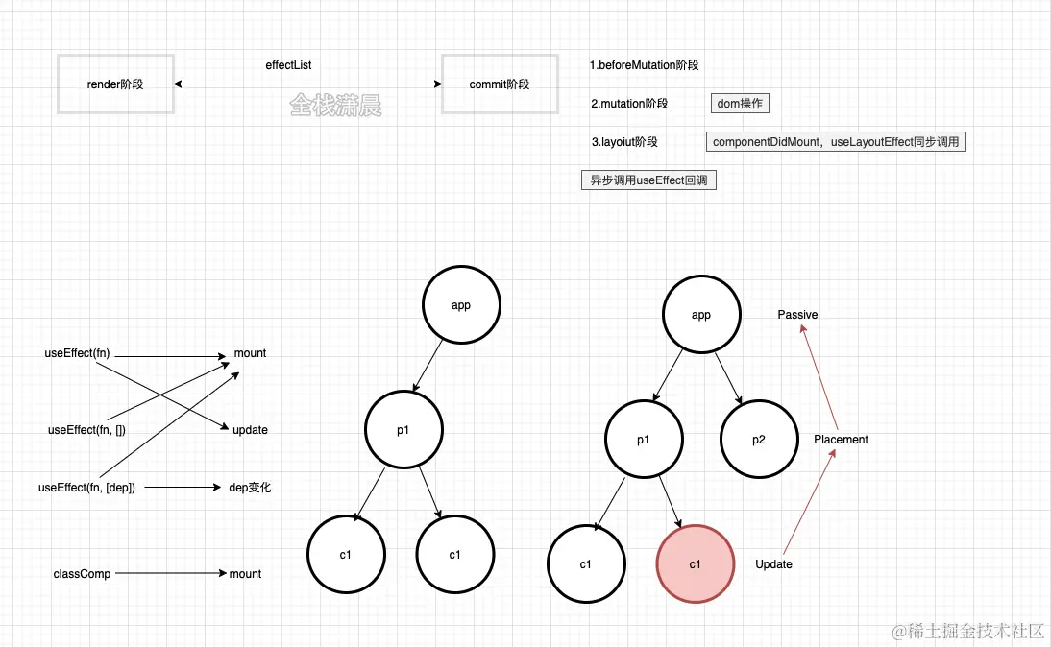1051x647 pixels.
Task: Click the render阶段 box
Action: point(115,84)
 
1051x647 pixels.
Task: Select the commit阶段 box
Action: point(499,84)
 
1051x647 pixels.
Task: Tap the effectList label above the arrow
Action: point(288,65)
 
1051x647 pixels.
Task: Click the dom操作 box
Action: point(740,104)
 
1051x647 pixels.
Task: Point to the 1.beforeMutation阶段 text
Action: point(644,65)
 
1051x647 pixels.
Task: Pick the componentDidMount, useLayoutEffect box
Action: point(836,142)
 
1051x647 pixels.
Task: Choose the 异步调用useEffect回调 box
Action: point(648,180)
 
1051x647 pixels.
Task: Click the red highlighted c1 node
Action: point(695,563)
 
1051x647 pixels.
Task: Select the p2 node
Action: point(759,440)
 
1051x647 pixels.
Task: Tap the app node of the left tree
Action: point(461,305)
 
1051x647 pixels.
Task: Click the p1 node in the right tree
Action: point(643,440)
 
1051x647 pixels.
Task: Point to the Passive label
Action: point(797,315)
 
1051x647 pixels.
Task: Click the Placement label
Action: point(841,440)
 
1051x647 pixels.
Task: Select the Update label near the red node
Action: point(773,564)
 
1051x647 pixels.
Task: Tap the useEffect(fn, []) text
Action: point(86,430)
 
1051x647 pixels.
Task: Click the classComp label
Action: point(82,574)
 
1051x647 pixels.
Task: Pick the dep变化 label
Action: point(250,488)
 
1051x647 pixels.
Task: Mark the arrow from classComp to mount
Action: point(168,574)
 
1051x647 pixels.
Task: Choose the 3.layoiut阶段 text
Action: point(624,142)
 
